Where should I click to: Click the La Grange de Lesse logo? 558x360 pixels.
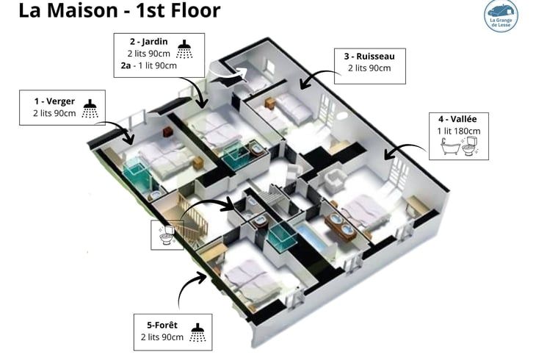[x=501, y=15]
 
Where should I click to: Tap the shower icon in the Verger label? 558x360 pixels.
[x=90, y=109]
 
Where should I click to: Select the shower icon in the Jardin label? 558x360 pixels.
[x=184, y=49]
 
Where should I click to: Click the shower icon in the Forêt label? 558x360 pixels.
[x=198, y=333]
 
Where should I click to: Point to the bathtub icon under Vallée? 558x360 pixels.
[x=451, y=146]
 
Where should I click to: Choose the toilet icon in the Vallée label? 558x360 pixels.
[x=471, y=146]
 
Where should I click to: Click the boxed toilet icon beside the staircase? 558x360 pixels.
[x=167, y=234]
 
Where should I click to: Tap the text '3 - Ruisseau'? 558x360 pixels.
[x=369, y=57]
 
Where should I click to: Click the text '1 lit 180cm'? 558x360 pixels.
[x=459, y=131]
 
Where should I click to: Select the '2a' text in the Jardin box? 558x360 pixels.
[x=126, y=65]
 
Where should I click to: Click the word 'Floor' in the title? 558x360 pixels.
[x=196, y=10]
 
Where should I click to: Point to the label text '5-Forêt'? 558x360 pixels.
[x=162, y=325]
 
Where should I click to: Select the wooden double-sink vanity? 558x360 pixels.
[x=341, y=227]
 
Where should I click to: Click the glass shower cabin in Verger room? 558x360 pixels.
[x=137, y=174]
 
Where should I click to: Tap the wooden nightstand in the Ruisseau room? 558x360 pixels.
[x=270, y=104]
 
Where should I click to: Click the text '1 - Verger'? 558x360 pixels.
[x=54, y=101]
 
